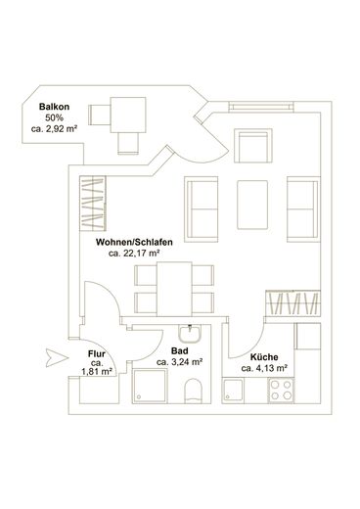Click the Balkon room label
tap(54, 107)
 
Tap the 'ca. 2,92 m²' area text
tap(54, 129)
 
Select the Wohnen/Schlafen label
tap(134, 243)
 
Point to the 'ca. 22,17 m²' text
tap(134, 254)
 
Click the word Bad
tap(180, 351)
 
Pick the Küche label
tap(264, 357)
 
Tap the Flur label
tap(97, 354)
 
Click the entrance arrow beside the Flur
tap(57, 358)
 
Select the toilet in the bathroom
tap(194, 391)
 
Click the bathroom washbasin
tap(190, 334)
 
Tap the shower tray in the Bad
tap(150, 386)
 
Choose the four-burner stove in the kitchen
tap(281, 391)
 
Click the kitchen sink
tap(233, 390)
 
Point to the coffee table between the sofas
tap(252, 205)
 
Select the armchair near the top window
tap(253, 146)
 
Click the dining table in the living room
tap(174, 289)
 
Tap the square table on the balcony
tap(128, 116)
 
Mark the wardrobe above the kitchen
tap(292, 303)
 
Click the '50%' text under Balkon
tap(54, 117)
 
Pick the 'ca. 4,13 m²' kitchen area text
tap(264, 368)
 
